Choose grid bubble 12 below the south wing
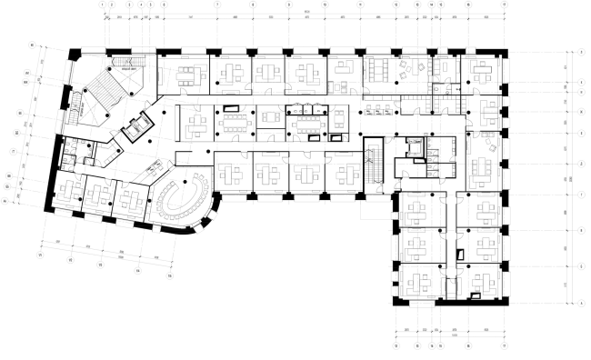396,347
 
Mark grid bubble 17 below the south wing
503,347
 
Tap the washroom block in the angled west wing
73,151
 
